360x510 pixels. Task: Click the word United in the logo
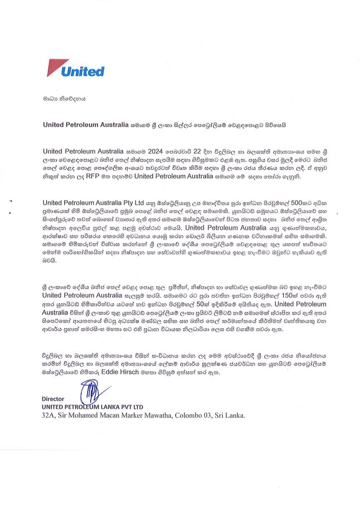pos(82,71)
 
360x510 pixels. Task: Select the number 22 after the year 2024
pos(198,151)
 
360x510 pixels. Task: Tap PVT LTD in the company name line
pos(131,407)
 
